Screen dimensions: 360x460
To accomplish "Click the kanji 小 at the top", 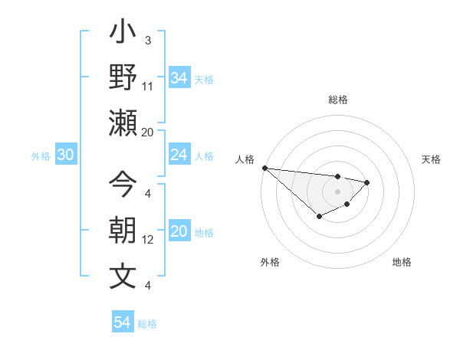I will (x=123, y=34).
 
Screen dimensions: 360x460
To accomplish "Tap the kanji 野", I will (x=123, y=77).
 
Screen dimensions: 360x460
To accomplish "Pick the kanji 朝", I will (x=123, y=231).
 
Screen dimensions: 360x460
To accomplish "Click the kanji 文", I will (x=123, y=276).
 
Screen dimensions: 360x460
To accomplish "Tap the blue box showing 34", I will (x=179, y=77).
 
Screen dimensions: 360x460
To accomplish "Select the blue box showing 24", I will (x=179, y=155).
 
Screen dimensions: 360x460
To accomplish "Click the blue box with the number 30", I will (x=65, y=155).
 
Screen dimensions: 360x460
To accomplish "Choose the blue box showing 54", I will (x=122, y=322).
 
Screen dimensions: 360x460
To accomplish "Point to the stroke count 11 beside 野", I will (x=148, y=86).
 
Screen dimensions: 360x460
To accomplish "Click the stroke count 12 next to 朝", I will (x=148, y=240).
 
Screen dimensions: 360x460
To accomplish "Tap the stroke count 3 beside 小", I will (x=147, y=40).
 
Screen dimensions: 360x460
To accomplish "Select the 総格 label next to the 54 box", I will (x=147, y=324).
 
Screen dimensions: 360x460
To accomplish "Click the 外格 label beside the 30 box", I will (x=41, y=155).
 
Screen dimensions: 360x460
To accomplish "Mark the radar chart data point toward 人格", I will (x=264, y=168).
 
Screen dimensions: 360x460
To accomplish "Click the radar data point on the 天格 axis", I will (x=367, y=182).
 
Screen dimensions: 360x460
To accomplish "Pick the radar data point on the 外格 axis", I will (x=319, y=217).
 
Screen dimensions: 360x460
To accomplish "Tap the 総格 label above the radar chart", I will (x=338, y=100).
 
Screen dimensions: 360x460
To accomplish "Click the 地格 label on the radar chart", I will (x=402, y=262).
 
